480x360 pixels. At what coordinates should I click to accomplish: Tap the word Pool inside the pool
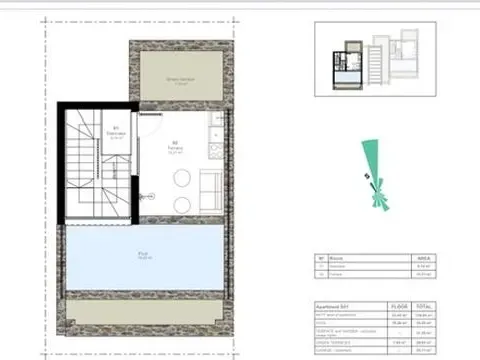click(145, 254)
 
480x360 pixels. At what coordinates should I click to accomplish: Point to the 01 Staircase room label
click(116, 131)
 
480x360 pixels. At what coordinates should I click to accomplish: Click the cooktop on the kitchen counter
click(215, 146)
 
